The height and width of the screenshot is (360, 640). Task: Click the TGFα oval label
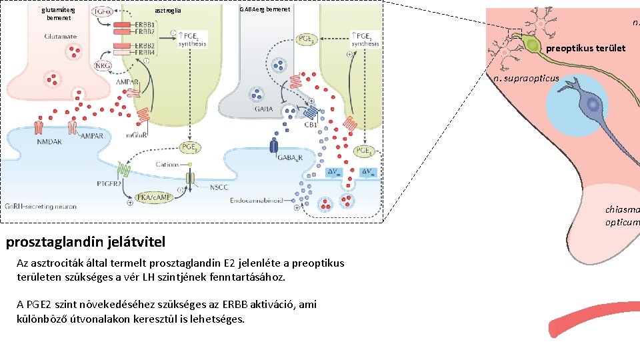[x=102, y=12]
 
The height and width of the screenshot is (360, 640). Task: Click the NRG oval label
[x=103, y=66]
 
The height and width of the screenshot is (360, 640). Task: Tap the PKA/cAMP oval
[x=152, y=197]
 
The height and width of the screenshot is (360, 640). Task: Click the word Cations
[x=167, y=164]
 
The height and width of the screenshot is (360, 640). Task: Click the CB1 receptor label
[x=310, y=123]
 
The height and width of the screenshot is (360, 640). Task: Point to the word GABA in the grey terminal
[x=262, y=109]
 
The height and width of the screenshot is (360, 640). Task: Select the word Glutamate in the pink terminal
[x=60, y=37]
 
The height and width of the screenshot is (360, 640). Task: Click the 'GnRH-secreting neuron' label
[x=41, y=207]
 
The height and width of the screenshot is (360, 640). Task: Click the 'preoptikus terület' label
[x=585, y=48]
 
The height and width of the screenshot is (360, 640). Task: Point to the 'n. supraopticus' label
[x=526, y=79]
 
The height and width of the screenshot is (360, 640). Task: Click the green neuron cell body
[x=532, y=45]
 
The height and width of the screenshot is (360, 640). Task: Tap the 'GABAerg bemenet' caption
[x=264, y=8]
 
